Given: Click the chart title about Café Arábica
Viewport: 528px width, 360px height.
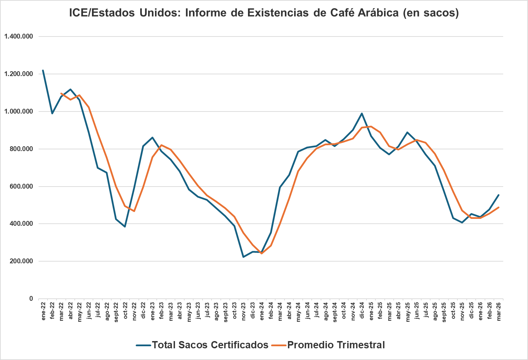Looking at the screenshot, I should tap(264, 13).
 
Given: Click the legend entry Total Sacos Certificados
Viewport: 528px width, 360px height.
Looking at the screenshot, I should tap(210, 345).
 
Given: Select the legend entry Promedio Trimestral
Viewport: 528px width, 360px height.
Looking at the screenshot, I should tap(336, 345).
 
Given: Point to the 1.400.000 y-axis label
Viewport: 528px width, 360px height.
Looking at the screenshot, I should tap(19, 36).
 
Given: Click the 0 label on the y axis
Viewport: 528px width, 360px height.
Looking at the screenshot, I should tap(31, 299).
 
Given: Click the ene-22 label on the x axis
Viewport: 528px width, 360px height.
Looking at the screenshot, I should tap(43, 311).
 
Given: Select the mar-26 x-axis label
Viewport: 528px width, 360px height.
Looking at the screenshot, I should tap(498, 311).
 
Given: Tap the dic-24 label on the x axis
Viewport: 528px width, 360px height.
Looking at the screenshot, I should tap(362, 311).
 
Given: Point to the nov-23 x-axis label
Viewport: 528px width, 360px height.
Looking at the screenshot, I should tap(244, 311).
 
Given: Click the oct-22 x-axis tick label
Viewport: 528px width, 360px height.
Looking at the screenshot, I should tap(125, 311).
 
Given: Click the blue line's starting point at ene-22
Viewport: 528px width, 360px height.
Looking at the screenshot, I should tap(43, 71).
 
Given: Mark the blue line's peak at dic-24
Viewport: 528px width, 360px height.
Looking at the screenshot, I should tap(362, 114).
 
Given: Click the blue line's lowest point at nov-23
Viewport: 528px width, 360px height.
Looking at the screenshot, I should tap(244, 257).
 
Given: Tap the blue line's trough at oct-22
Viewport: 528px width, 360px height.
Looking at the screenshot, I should tap(125, 226).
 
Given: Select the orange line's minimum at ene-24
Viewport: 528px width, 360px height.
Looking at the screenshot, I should tap(262, 253).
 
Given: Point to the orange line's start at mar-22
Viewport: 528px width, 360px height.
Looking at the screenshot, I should tap(61, 94).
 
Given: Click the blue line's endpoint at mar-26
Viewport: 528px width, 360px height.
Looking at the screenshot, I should tap(498, 195).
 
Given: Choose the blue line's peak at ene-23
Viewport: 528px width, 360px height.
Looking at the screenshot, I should tap(152, 138).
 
